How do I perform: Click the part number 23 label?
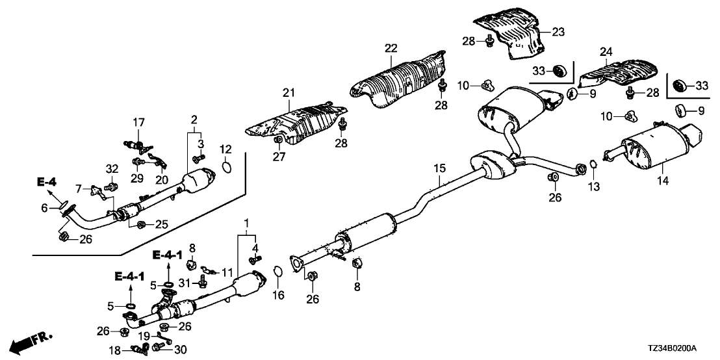coord(559,30)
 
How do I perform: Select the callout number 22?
coord(390,48)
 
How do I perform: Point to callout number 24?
coord(606,52)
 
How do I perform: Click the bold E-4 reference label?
coord(45,185)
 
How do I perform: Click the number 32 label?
coord(111,168)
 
